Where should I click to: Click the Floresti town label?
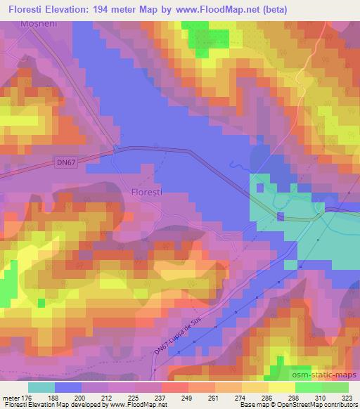146,191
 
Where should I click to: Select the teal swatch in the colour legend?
41,387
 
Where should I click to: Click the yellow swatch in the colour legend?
281,387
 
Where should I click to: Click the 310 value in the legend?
321,397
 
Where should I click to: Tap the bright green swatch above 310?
308,387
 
